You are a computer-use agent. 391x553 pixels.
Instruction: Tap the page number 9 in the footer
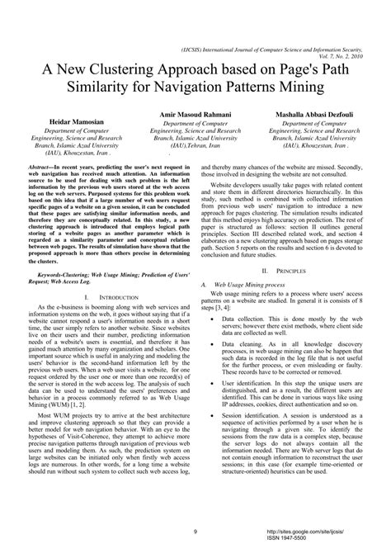(x=194, y=532)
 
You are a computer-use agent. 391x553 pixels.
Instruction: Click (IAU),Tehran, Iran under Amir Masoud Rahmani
(x=195, y=144)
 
